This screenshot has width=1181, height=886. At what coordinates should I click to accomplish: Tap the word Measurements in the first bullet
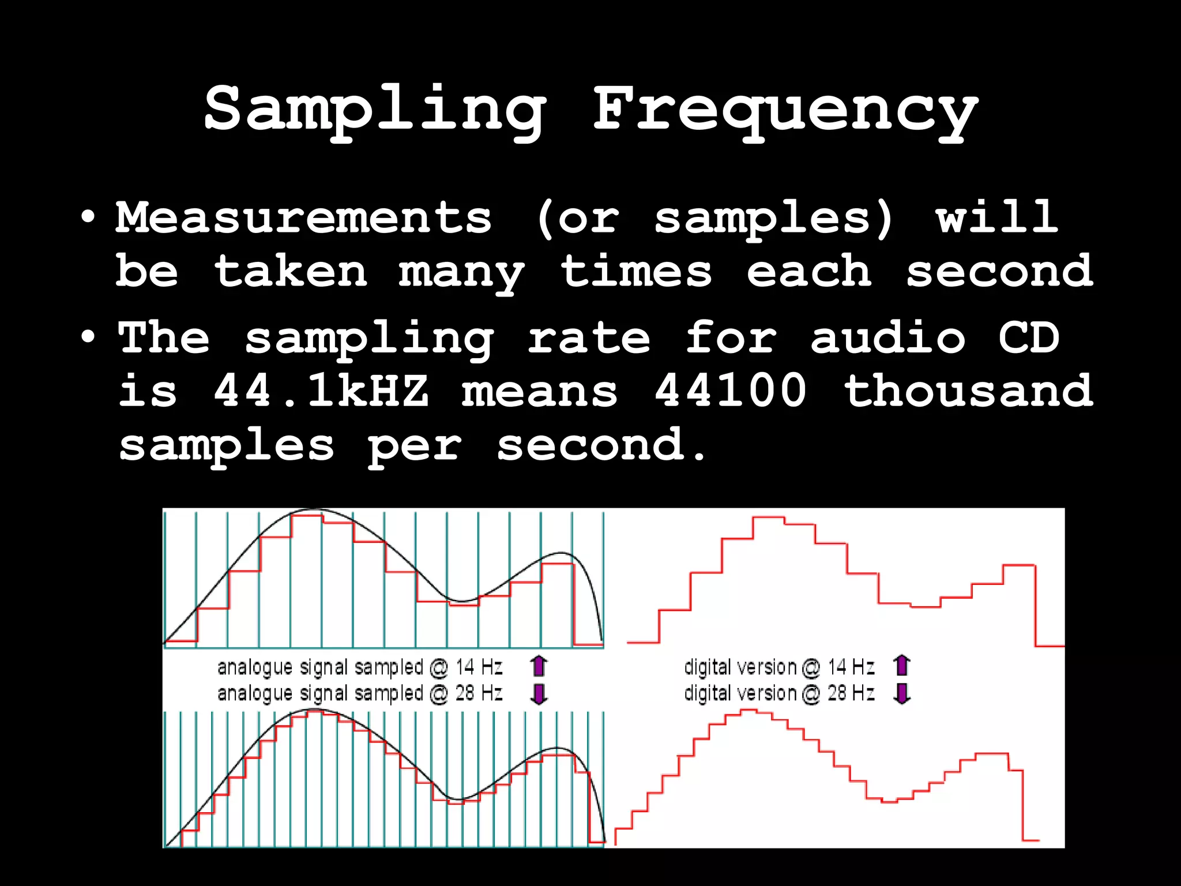click(x=304, y=218)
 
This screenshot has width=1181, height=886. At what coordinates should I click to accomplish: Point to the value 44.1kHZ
click(x=321, y=391)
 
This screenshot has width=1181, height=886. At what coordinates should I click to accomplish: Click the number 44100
click(x=731, y=391)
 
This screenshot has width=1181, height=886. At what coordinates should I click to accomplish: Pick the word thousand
click(x=968, y=391)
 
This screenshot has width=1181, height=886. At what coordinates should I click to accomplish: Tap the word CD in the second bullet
click(x=1029, y=337)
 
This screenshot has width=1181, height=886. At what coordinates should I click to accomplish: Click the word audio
click(x=887, y=337)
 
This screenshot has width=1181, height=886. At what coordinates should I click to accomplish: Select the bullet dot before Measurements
click(x=88, y=218)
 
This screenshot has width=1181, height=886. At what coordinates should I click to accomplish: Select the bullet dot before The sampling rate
click(x=88, y=337)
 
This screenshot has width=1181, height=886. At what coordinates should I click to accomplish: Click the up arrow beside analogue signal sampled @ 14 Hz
click(x=539, y=666)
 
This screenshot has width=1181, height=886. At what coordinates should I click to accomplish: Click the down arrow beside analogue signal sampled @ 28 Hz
click(x=539, y=693)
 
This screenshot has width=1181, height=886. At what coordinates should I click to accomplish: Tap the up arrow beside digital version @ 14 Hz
click(x=902, y=666)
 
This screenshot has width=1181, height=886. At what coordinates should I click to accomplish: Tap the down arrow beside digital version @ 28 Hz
click(x=902, y=693)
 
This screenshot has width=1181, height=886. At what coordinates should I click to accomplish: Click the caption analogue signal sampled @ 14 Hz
click(x=360, y=667)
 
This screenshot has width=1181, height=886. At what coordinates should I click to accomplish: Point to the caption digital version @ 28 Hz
click(x=779, y=693)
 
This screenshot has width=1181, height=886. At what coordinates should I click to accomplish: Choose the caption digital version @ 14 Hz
click(x=779, y=667)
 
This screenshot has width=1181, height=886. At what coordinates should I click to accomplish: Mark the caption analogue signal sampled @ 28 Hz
click(x=360, y=693)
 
